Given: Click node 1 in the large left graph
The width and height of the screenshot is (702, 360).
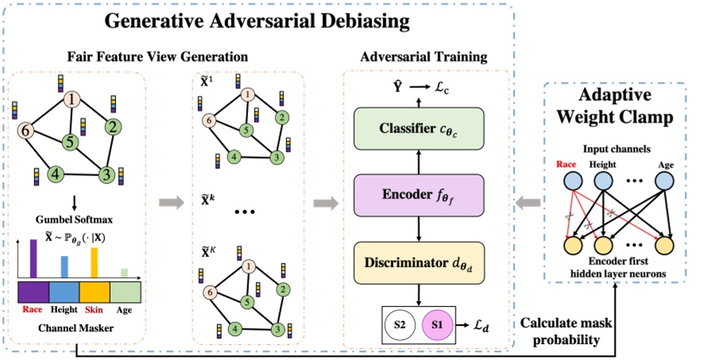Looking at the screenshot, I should point(73,100).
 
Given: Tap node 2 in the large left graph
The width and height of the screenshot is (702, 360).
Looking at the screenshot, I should point(114,126).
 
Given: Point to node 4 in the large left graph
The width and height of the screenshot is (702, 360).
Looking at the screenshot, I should point(55,173).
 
